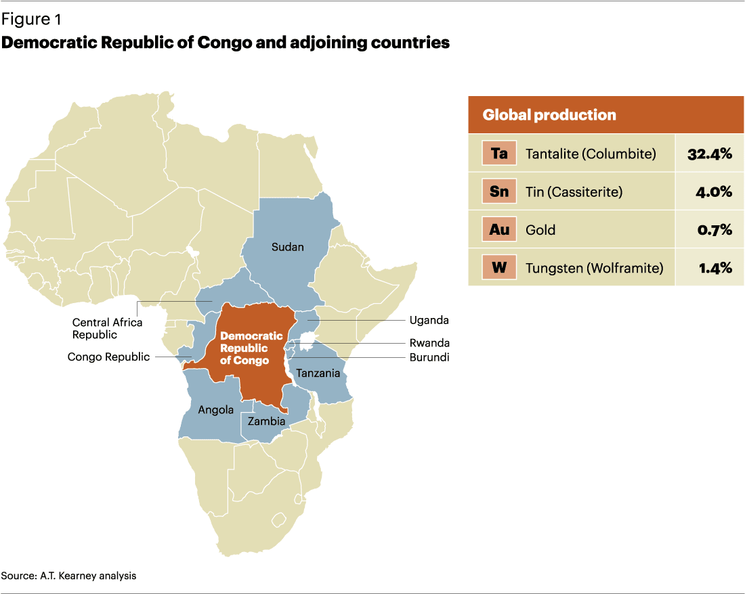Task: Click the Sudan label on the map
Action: [287, 246]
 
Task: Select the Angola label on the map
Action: [215, 409]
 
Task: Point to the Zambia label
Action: [266, 421]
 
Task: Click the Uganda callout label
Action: [429, 320]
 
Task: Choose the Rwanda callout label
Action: [429, 343]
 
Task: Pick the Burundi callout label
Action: [429, 357]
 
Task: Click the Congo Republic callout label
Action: [108, 357]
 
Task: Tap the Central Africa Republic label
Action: [107, 328]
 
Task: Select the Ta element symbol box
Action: [499, 154]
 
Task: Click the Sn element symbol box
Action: [499, 191]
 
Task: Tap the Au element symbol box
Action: [499, 229]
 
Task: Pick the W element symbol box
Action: [499, 267]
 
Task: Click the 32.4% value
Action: [709, 154]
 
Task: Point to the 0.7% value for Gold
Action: [715, 229]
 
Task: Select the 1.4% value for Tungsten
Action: [715, 267]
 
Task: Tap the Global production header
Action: [549, 114]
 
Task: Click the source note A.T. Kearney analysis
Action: [68, 576]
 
